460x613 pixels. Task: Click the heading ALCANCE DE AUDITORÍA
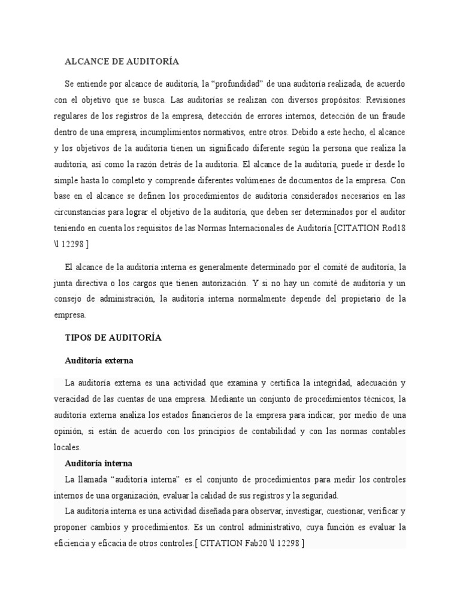(122, 62)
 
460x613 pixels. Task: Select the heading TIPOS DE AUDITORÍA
(113, 338)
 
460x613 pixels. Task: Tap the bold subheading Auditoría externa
(98, 361)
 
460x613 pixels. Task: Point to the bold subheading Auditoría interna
(98, 463)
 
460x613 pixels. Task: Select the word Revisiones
(385, 99)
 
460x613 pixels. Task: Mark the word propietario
(345, 298)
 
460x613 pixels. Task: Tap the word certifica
(270, 383)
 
